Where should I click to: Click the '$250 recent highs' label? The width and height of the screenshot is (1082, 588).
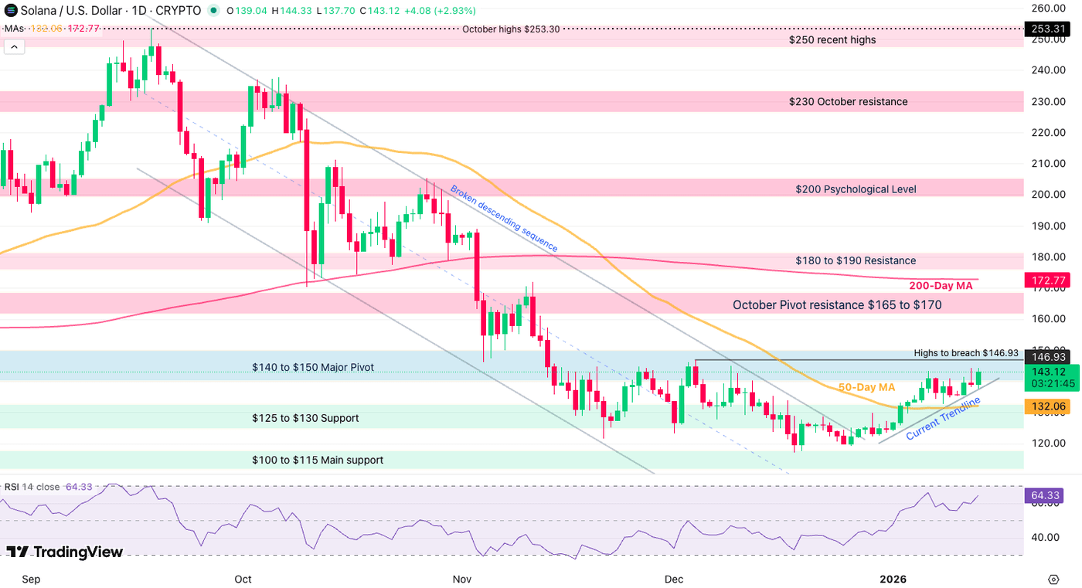pos(832,39)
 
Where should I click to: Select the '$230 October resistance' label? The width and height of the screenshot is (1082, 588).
pos(848,102)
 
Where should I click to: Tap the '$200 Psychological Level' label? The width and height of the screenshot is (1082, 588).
pos(856,189)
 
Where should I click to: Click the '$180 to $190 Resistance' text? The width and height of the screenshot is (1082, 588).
pos(856,261)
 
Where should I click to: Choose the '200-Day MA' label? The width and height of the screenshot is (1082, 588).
pos(940,286)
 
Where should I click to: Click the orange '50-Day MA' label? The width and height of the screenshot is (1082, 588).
pos(866,387)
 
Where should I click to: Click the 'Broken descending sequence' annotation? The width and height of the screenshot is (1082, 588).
pos(504,218)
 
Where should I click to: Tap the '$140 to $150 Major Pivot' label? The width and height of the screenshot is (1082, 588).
pos(313,368)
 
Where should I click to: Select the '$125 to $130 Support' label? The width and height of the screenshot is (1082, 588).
pos(305,418)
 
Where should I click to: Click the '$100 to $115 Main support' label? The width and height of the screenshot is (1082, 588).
pos(317,460)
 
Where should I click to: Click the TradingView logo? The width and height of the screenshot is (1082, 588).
pos(65,552)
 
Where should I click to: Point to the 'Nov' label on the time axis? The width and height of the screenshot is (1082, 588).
pos(461,579)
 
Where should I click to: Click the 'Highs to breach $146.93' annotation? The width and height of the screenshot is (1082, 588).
pos(965,353)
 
